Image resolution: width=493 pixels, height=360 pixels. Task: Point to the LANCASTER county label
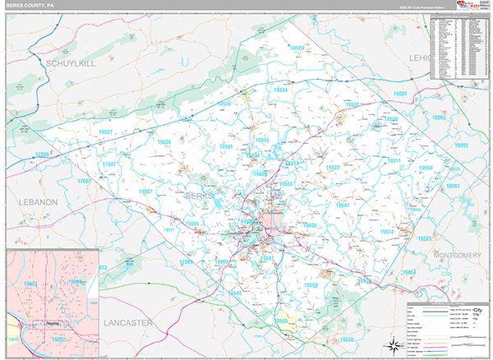click(129, 324)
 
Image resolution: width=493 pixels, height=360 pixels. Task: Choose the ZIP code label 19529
click(297, 49)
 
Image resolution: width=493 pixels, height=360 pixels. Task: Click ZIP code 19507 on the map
click(105, 132)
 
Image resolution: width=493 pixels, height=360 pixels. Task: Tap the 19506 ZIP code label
click(164, 142)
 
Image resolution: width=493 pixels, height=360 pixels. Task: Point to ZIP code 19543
click(282, 321)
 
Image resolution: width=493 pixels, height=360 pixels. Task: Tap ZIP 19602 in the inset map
click(58, 338)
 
